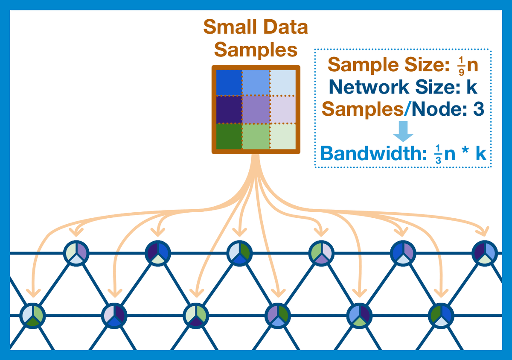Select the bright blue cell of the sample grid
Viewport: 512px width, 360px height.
point(229,82)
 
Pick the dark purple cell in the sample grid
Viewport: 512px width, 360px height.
point(229,109)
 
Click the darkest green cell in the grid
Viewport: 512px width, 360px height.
point(229,136)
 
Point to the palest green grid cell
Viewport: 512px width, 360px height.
point(283,136)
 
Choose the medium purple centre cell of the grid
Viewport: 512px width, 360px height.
point(256,109)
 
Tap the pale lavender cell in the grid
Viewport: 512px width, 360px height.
point(283,109)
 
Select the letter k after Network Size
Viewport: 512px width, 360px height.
point(471,88)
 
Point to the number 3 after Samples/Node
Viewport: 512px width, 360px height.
point(478,109)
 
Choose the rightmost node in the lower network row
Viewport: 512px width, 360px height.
point(440,316)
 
